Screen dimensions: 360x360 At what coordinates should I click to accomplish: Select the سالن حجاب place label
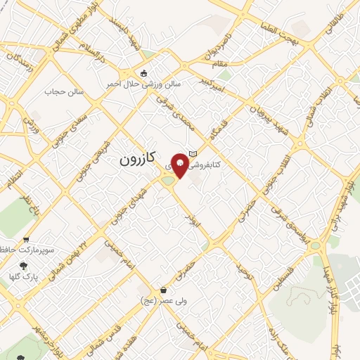(x=64, y=91)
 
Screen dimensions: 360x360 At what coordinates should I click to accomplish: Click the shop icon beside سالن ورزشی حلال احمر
(x=144, y=73)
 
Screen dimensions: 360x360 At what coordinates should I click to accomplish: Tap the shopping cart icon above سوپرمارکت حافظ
(x=26, y=238)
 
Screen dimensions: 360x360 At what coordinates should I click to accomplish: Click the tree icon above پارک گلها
(x=23, y=266)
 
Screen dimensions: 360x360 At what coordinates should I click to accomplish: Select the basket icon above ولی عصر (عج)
(x=163, y=290)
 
